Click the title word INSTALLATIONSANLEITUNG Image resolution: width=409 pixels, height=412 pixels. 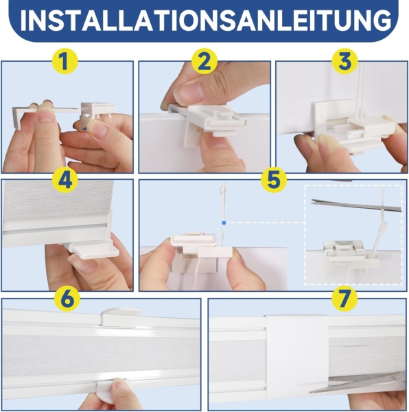[204, 21]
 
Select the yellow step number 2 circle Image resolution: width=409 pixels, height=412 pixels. [203, 62]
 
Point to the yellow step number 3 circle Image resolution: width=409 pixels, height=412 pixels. [344, 62]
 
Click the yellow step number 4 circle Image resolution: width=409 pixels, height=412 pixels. [67, 181]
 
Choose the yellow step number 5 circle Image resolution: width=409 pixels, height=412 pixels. [273, 181]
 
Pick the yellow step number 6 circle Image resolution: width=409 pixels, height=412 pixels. [67, 299]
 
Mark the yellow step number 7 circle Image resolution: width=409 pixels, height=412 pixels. [342, 299]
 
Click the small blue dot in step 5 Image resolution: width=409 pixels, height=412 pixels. [224, 222]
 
